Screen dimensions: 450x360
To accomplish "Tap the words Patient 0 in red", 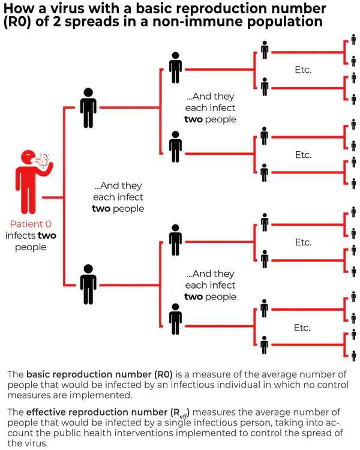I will [x=30, y=224].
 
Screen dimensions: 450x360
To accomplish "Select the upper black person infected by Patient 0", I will [x=88, y=108].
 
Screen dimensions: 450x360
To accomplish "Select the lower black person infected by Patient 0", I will [x=88, y=284].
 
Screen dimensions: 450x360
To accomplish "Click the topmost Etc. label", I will [x=303, y=70].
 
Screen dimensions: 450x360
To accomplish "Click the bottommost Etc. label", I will [x=303, y=328].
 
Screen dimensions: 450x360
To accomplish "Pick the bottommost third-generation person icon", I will [x=265, y=345].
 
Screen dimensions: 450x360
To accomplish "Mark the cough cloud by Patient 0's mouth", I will [x=43, y=160].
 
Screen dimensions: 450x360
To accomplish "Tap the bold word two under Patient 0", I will [x=47, y=236].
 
